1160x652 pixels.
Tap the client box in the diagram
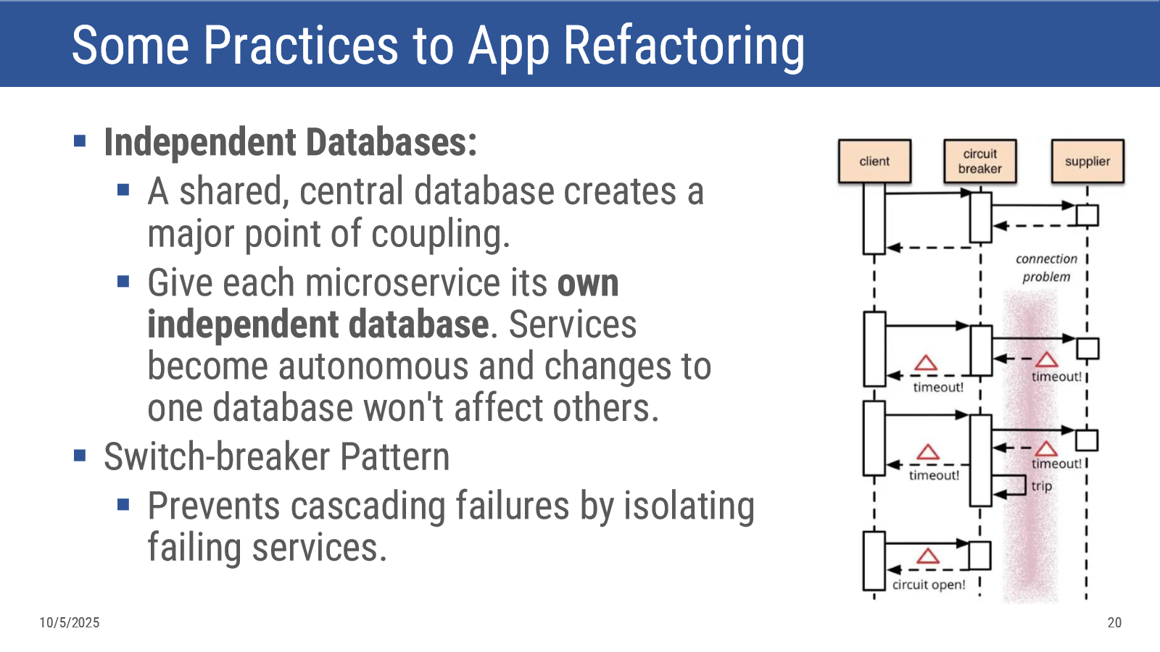(874, 161)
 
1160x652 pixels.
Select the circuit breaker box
(979, 161)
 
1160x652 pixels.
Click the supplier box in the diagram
(1087, 161)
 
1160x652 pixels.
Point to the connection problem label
(1046, 267)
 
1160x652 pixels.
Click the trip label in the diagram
(1041, 486)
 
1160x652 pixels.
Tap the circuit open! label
(929, 585)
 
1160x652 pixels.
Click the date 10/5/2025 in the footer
(70, 622)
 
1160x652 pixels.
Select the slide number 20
(1114, 622)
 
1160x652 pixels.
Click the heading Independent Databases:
(291, 142)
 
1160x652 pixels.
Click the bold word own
(588, 283)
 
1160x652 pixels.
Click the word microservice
(403, 283)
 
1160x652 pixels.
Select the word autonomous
(373, 367)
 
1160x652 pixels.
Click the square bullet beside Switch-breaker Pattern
(80, 456)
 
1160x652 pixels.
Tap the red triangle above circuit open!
(927, 556)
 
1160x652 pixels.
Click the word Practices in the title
(301, 46)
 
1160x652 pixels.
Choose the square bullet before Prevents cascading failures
(123, 504)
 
